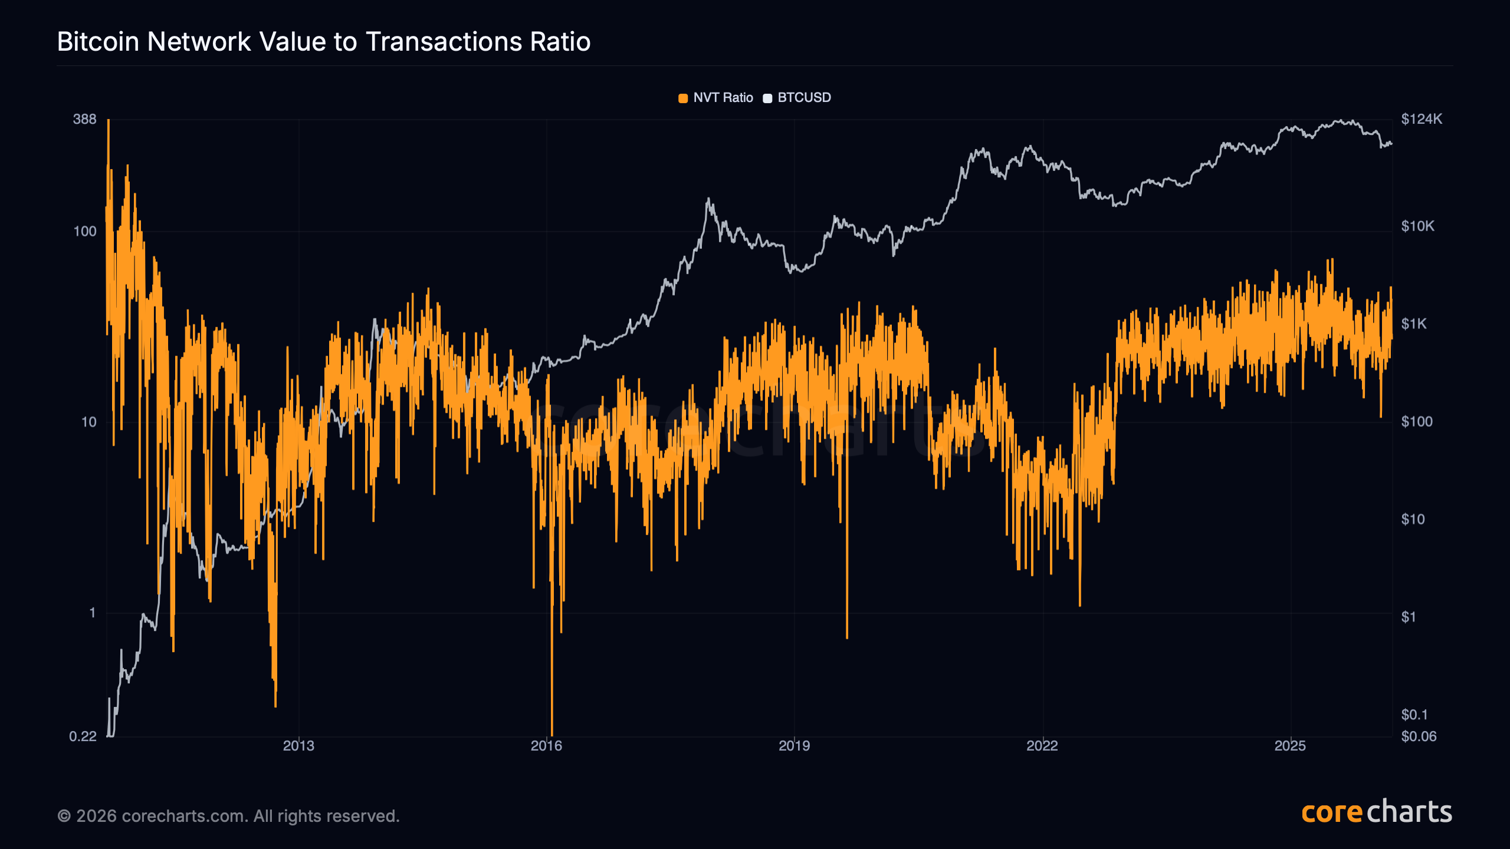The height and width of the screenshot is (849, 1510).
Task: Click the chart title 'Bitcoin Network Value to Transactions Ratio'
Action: point(324,42)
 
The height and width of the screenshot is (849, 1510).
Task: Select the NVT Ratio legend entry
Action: point(716,98)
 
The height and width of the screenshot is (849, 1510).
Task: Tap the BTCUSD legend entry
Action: point(797,98)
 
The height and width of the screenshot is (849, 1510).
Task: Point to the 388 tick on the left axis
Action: point(84,119)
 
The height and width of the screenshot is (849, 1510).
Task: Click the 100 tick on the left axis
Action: point(84,231)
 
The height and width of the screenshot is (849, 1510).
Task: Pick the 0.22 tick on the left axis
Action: point(83,736)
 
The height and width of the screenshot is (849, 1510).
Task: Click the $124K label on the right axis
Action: point(1422,119)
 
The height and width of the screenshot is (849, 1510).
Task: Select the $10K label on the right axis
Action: point(1417,226)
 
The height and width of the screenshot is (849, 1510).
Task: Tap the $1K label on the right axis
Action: point(1414,324)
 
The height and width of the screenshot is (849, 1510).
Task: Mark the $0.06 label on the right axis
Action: point(1419,736)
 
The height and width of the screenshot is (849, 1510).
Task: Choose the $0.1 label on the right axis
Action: point(1414,715)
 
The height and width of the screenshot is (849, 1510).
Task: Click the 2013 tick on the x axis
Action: point(298,746)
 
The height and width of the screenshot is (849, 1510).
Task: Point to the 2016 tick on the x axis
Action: point(546,746)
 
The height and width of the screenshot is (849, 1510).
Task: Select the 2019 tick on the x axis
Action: point(794,746)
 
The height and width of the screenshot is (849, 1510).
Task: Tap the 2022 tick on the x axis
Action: point(1042,746)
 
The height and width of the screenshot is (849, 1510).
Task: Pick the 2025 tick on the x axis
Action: point(1290,746)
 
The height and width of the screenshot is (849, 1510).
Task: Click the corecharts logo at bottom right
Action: point(1377,812)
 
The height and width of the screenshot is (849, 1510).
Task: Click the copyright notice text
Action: point(228,816)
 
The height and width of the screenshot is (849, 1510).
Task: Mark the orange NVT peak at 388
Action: point(109,121)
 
